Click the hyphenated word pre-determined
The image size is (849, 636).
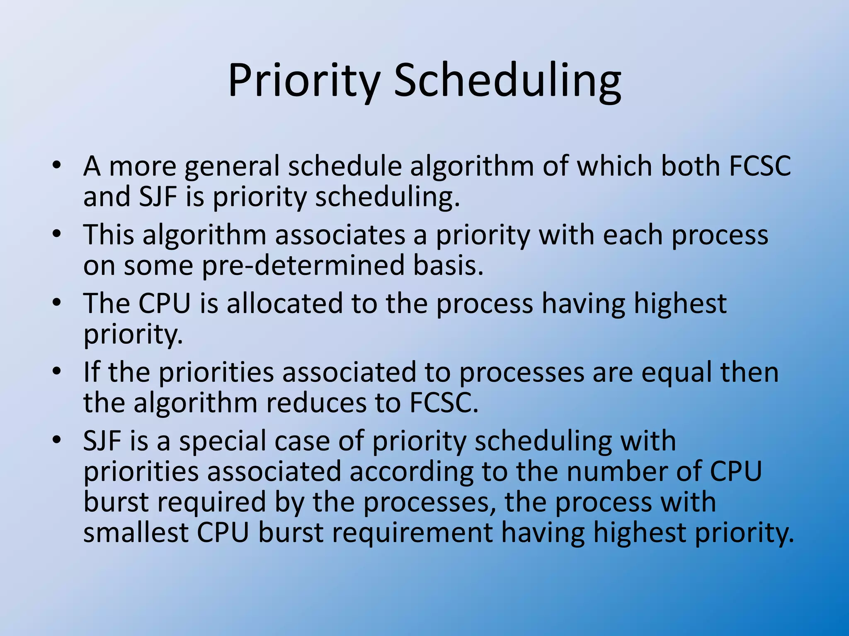(x=303, y=265)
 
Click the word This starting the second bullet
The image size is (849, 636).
(x=109, y=235)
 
